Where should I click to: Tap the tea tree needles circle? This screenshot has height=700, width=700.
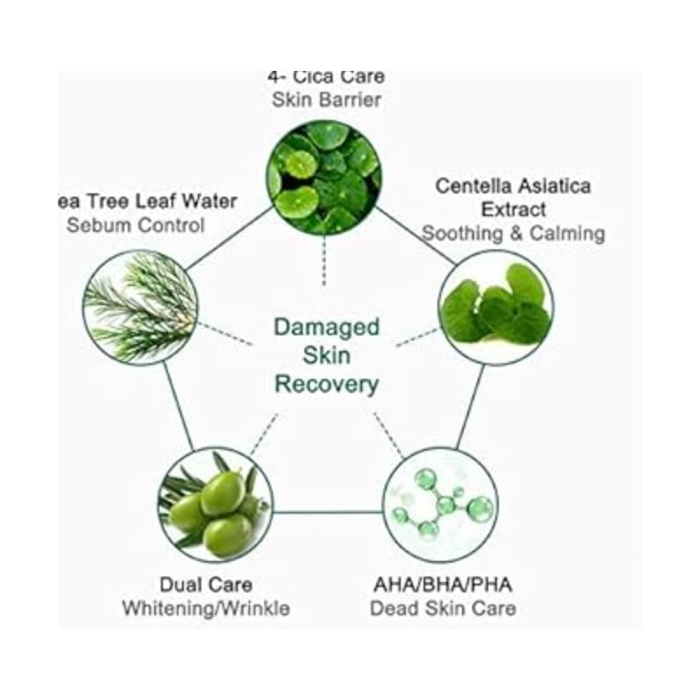coord(140,307)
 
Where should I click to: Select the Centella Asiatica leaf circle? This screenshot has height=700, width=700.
coord(495,307)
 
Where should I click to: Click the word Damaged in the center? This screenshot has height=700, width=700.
coord(326,328)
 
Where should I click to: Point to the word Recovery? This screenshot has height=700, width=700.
coord(326,384)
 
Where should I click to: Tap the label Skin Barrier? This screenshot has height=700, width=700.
coord(326,100)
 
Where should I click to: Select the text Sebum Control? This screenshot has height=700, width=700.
coord(136,225)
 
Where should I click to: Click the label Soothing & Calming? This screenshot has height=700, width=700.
coord(514,234)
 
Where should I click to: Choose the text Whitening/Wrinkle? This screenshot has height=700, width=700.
coord(206,607)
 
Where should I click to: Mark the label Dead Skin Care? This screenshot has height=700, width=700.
coord(443,607)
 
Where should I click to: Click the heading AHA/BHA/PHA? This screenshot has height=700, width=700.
coord(443,584)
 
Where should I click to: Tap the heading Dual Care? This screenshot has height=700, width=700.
coord(206,584)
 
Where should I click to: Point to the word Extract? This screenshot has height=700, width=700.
coord(514,210)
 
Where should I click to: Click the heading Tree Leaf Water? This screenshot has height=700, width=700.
coord(149,201)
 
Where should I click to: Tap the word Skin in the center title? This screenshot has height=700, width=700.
coord(326,356)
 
